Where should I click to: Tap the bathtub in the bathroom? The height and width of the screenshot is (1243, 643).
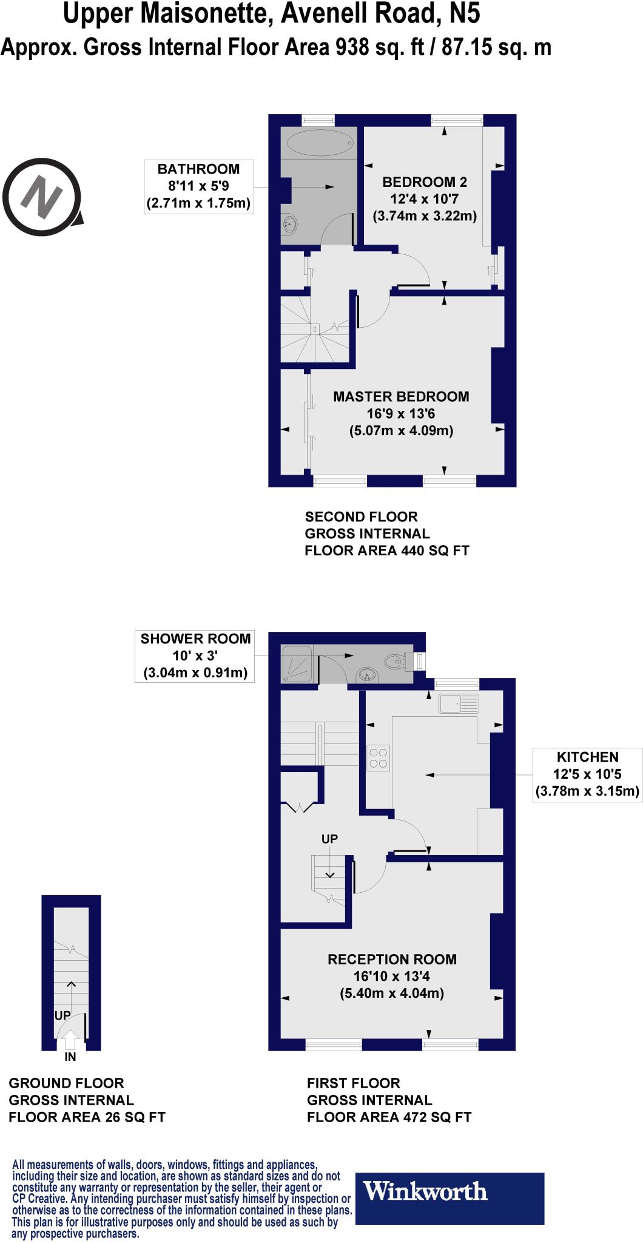319,143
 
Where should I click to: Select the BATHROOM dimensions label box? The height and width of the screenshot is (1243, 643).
198,186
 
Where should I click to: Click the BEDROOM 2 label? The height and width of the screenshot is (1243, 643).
425,181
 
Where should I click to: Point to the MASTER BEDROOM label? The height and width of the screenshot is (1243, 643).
401,397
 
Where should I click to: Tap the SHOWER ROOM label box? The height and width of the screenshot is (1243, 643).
195,655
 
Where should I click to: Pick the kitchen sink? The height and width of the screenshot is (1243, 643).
459,703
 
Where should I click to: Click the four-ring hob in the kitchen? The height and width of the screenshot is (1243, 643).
379,757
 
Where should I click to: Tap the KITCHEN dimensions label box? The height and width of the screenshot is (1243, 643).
587,774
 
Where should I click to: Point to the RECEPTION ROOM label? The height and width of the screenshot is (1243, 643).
392,960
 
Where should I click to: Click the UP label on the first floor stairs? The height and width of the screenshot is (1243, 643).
329,839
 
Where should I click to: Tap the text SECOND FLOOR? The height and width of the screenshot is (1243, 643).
361,517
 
